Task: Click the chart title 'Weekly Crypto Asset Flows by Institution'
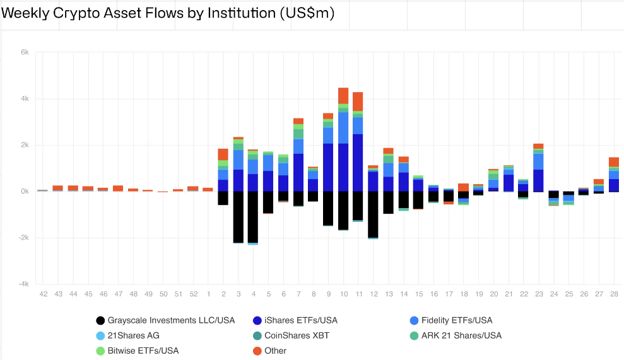[168, 13]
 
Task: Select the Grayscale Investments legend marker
[100, 320]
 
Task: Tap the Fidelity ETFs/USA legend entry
[456, 320]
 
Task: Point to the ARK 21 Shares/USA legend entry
[461, 335]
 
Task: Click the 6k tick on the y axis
[25, 52]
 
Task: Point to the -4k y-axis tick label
[23, 284]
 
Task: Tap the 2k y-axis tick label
[25, 145]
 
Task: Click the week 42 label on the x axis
[43, 294]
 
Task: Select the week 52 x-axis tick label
[193, 294]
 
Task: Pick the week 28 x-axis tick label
[613, 294]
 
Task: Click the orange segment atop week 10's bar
[343, 95]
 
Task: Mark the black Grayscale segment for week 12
[374, 214]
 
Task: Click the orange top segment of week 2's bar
[223, 154]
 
